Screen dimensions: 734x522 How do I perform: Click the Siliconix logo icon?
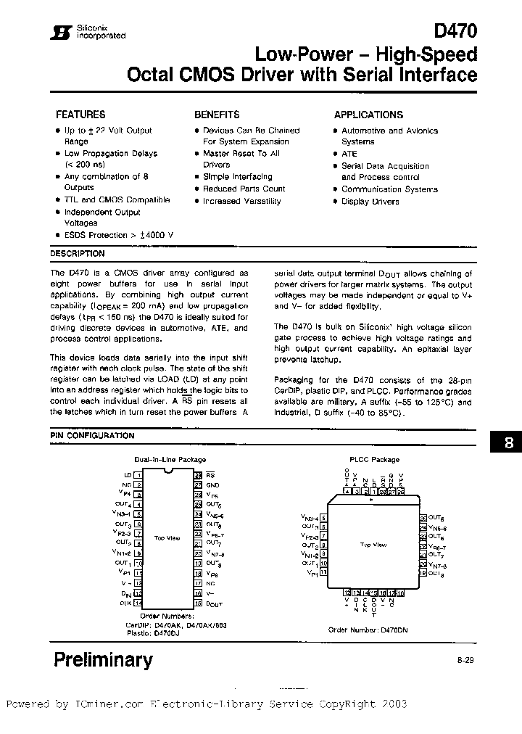tap(65, 33)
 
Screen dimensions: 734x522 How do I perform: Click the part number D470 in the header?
tap(455, 30)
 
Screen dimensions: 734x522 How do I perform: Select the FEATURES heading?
tap(80, 115)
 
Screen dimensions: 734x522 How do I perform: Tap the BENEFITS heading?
tap(217, 115)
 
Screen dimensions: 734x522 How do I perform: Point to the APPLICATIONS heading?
tap(368, 115)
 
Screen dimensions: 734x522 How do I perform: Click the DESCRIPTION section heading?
tap(78, 254)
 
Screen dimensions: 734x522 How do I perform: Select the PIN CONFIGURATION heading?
tap(92, 436)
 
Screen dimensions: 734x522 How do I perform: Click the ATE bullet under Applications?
tap(349, 154)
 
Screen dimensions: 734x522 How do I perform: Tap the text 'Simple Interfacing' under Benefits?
tap(238, 177)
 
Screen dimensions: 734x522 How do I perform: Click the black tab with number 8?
tap(508, 442)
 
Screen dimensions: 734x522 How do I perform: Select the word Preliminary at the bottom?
tap(104, 659)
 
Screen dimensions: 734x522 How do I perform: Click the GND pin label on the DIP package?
tap(212, 484)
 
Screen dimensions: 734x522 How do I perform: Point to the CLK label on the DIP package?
tap(126, 603)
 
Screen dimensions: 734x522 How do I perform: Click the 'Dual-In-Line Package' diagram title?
tap(170, 460)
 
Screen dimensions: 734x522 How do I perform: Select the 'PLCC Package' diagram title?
tap(374, 460)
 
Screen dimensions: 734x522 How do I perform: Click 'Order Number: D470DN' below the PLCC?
tap(368, 630)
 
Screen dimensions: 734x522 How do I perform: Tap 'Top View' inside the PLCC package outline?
tap(371, 544)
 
